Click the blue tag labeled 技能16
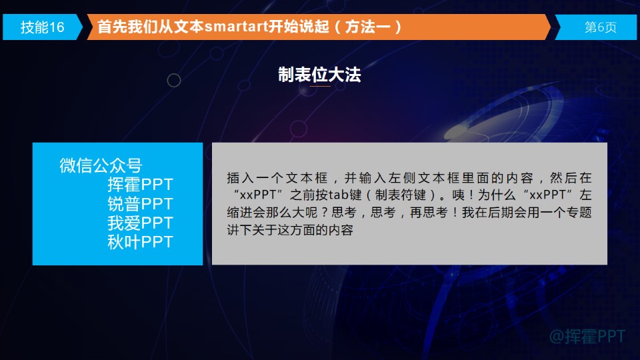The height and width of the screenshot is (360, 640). click(43, 27)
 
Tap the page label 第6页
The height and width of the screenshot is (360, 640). click(600, 27)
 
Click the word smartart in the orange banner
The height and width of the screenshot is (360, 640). click(235, 27)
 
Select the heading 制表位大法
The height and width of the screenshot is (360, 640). click(319, 75)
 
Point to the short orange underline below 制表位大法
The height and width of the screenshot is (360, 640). click(319, 86)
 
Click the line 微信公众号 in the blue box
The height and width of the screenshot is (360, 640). click(101, 165)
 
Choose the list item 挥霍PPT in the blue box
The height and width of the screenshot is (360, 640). click(141, 185)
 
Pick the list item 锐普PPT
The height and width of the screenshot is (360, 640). click(141, 204)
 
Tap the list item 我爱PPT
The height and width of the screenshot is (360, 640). click(141, 223)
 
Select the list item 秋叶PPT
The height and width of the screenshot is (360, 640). click(141, 242)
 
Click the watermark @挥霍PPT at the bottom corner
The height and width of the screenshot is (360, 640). click(587, 336)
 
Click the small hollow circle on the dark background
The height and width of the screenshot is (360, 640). click(174, 81)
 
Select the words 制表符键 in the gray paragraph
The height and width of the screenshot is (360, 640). click(401, 195)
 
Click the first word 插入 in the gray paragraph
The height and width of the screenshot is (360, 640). click(241, 177)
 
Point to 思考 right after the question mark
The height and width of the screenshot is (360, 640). click(344, 212)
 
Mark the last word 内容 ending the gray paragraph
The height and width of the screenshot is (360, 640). click(341, 230)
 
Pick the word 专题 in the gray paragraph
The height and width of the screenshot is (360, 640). click(579, 212)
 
